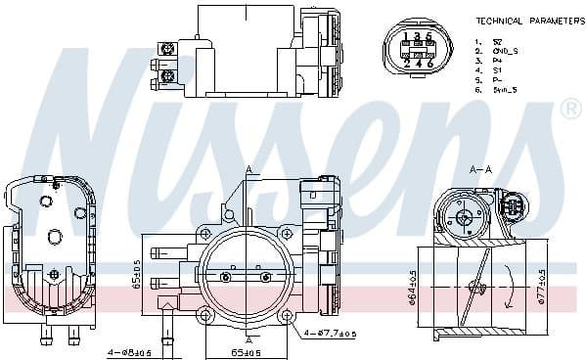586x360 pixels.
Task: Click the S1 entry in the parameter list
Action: [497, 70]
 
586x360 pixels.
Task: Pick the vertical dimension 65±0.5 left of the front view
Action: [136, 277]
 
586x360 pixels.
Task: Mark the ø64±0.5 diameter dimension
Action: [415, 286]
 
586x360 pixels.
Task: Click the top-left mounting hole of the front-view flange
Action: [204, 233]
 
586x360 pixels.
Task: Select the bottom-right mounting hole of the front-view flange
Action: [288, 316]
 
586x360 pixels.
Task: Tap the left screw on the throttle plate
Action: [226, 278]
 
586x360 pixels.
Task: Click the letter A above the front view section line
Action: [248, 169]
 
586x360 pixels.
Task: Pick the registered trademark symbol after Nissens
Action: [569, 111]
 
